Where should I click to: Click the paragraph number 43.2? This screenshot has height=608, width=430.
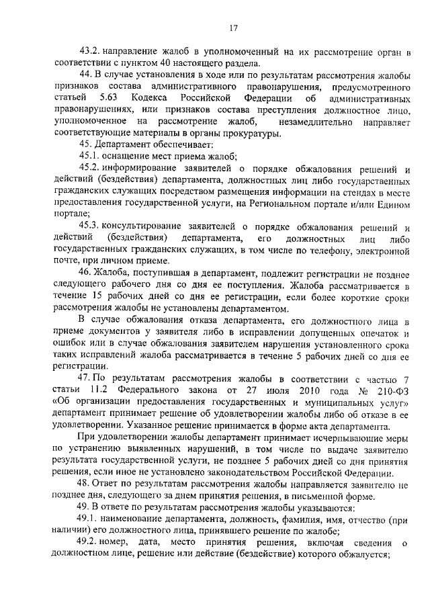[x=89, y=51]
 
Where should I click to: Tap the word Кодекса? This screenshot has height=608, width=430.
[x=157, y=98]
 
